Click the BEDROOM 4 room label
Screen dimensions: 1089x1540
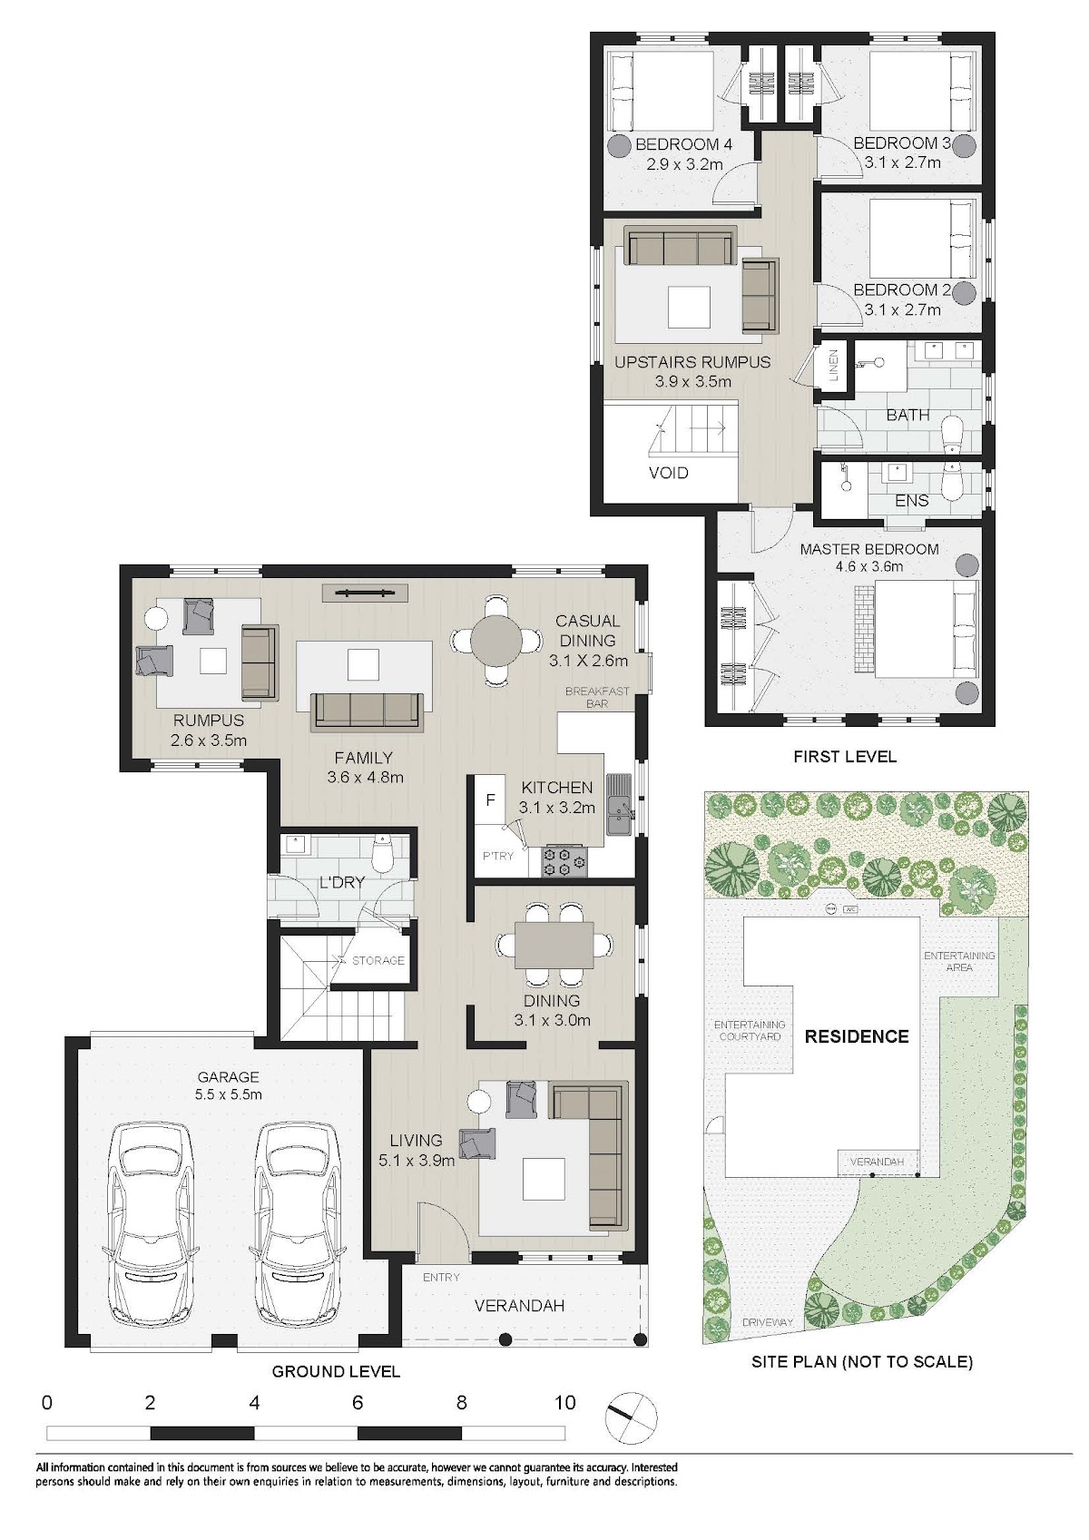point(683,144)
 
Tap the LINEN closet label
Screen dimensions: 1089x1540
point(834,365)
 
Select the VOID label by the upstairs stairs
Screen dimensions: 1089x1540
point(668,472)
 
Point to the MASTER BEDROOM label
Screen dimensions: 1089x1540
point(869,549)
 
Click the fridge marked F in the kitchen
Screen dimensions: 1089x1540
point(490,799)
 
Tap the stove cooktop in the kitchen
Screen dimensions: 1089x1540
point(564,862)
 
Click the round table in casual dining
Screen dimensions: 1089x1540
point(495,640)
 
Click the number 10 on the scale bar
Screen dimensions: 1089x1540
point(564,1402)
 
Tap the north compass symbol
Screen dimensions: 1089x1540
point(631,1417)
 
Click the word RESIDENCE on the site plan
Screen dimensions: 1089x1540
point(857,1036)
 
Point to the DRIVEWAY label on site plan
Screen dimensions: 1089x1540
point(767,1322)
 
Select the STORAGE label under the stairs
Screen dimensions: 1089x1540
point(378,960)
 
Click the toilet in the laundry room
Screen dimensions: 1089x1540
point(380,851)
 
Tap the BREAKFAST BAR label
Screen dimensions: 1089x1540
point(597,697)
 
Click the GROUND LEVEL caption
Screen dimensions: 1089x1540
point(336,1371)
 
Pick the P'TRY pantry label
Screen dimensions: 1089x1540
point(497,856)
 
